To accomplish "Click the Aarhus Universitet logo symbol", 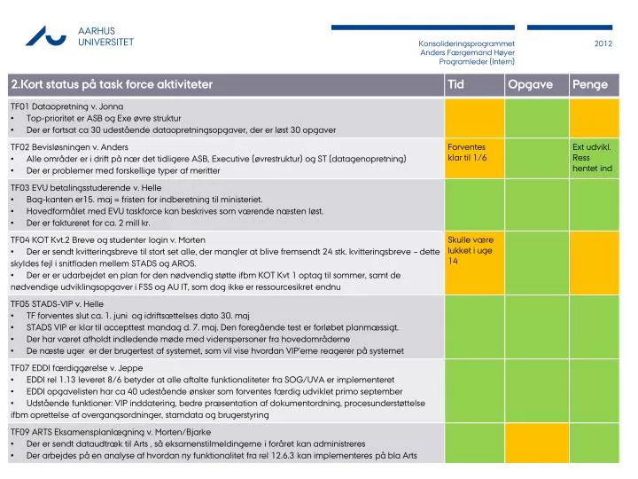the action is [45, 36].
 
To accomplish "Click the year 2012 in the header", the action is [603, 43].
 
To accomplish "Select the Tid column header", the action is [455, 84].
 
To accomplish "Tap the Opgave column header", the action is [530, 85].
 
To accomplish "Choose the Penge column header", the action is [590, 85].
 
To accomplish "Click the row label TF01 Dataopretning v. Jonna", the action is [66, 106].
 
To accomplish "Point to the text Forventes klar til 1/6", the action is [467, 153].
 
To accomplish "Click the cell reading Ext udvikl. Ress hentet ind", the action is [592, 158].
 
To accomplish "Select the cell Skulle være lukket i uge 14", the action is [471, 250].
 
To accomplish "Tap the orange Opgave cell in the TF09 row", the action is [537, 443].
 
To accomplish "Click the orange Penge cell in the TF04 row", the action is [594, 263].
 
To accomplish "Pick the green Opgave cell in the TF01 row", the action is [537, 118].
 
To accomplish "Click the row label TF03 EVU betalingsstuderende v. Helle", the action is [86, 188].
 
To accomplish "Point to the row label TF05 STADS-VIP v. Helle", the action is [57, 304].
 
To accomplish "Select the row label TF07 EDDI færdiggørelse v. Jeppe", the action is [76, 368].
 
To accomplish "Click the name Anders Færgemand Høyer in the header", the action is [467, 52].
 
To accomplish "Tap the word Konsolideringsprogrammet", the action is [466, 43].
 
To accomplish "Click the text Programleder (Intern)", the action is [477, 61].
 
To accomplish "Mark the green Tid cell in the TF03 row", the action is [474, 205].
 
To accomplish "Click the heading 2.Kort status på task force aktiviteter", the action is [112, 84].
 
